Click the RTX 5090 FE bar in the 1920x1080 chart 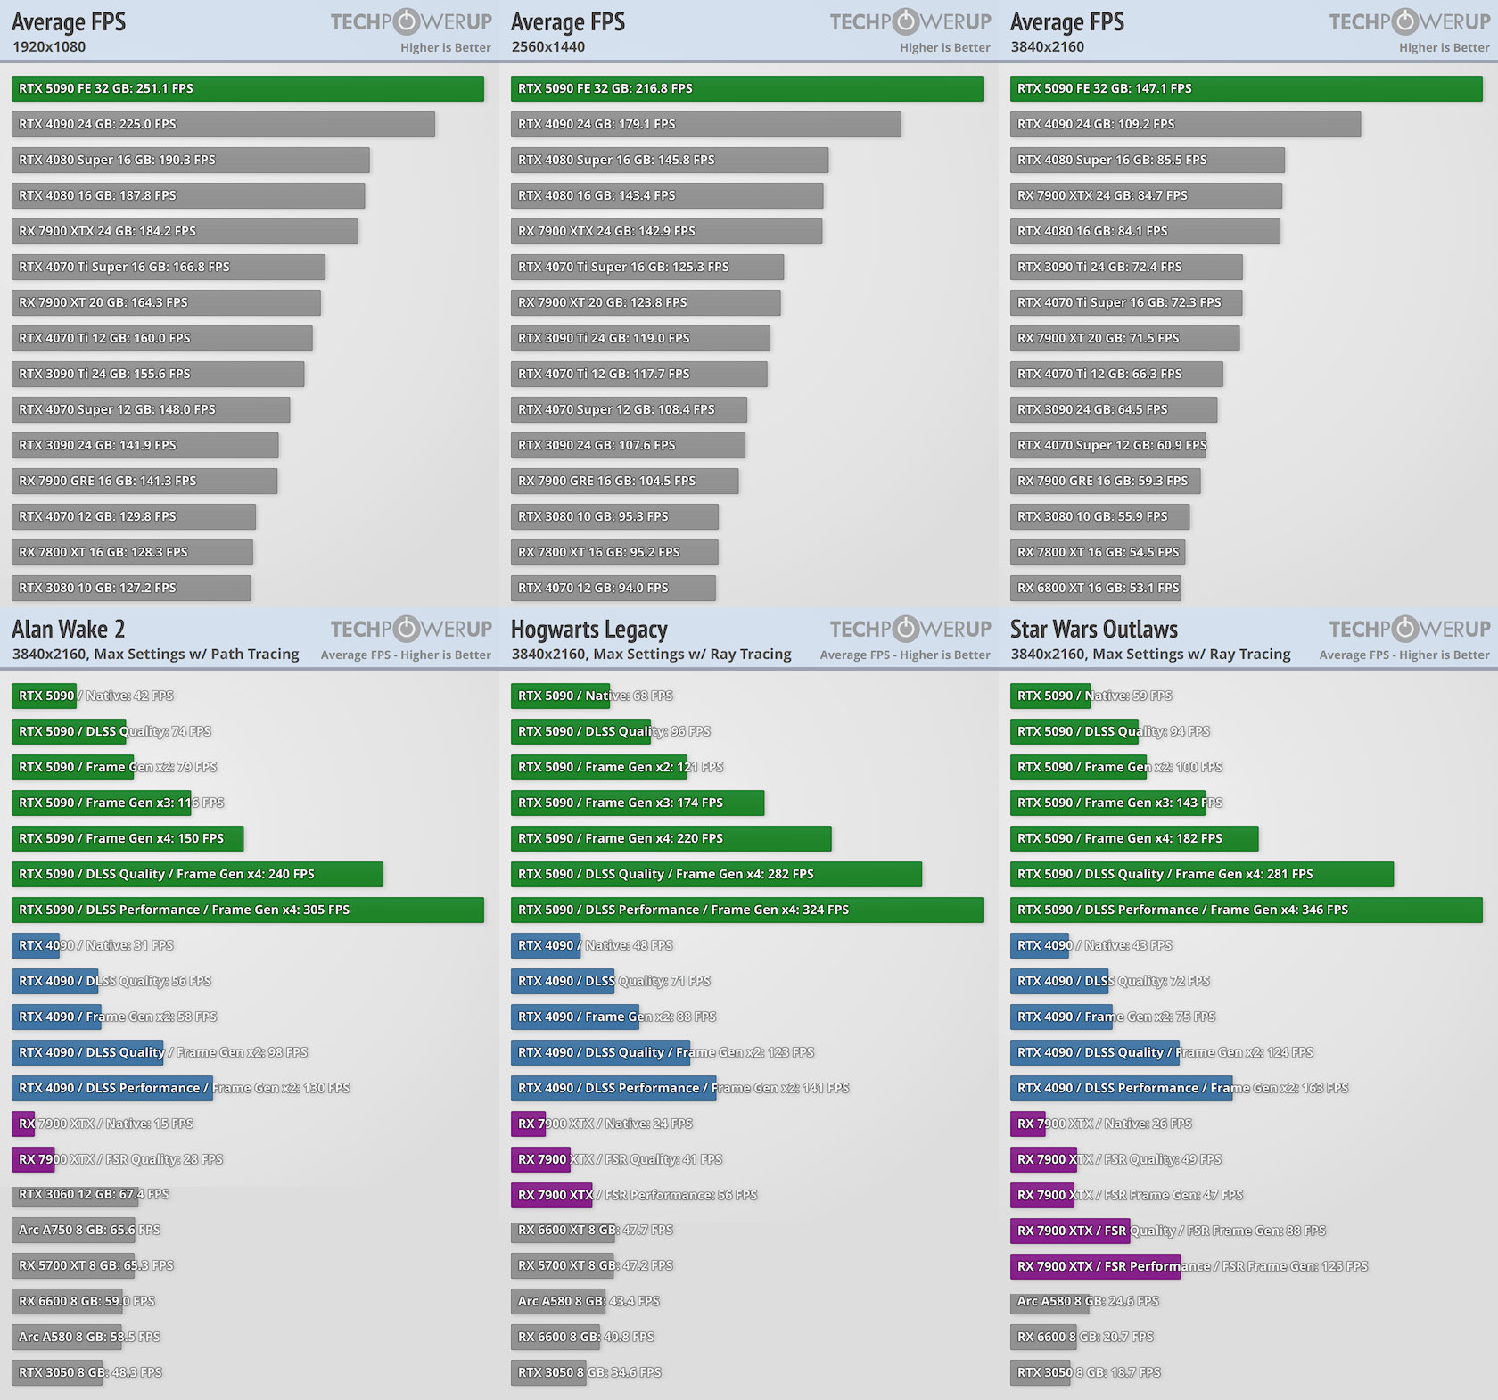247,88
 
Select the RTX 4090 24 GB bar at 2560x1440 705,124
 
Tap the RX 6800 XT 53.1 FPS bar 1095,588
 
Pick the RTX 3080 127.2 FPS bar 131,588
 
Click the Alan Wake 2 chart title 69,630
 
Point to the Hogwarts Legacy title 588,630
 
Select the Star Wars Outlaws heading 1093,630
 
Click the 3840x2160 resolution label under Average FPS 1047,46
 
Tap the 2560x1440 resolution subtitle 547,46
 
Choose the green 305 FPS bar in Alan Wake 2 247,910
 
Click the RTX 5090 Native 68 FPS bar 560,696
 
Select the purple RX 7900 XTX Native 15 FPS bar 23,1124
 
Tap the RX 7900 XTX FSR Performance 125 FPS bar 1095,1266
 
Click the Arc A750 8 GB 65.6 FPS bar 73,1230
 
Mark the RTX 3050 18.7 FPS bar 1041,1372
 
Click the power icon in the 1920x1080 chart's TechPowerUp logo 407,21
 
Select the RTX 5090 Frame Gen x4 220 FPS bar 671,838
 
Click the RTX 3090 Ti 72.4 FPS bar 1126,267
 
